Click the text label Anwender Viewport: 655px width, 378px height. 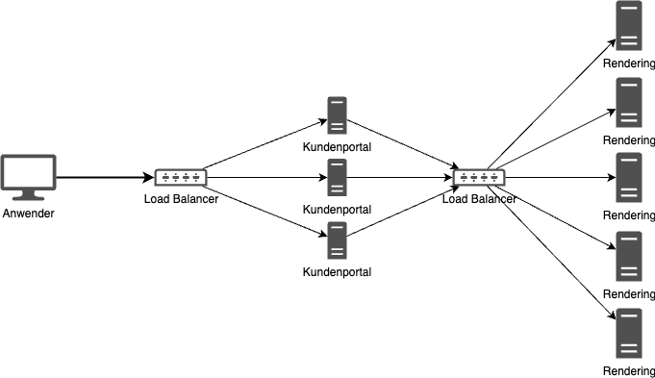(29, 213)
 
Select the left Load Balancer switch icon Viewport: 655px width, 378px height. (181, 177)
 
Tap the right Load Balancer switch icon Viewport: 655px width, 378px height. (478, 177)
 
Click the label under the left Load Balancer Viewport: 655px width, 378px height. (182, 199)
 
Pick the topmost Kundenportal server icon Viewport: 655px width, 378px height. (337, 115)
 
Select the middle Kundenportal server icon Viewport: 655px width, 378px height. (337, 177)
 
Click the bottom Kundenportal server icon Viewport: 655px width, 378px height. (337, 239)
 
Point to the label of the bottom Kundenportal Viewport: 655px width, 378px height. (337, 272)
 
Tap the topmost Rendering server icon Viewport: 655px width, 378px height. (629, 25)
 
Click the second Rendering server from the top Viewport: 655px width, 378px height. (629, 102)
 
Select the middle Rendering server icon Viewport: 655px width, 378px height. (629, 177)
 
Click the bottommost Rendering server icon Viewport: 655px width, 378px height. (629, 333)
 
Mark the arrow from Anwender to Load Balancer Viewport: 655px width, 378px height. (106, 178)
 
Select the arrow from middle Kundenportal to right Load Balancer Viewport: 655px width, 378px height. (399, 178)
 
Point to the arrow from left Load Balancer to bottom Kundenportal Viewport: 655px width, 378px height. (265, 208)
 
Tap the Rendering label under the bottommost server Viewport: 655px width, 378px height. (629, 371)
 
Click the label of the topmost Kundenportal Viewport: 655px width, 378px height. (337, 148)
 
